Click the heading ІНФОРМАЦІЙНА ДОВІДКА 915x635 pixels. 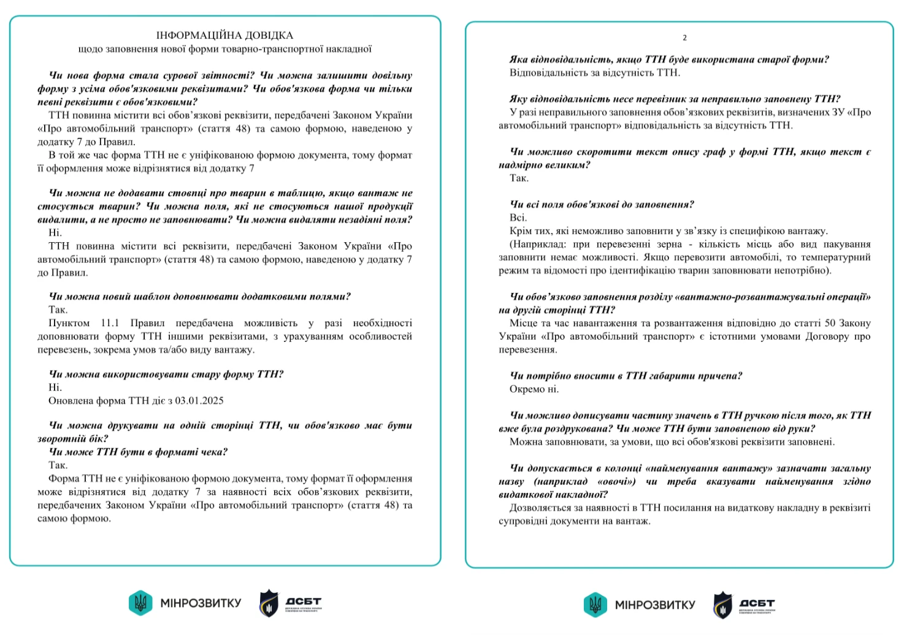coord(224,36)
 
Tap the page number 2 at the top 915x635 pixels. coord(684,38)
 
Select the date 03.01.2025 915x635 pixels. coord(199,401)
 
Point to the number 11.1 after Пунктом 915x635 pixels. coord(110,323)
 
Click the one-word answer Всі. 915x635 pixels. coord(518,218)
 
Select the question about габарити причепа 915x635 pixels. coord(626,376)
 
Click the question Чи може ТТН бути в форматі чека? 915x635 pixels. coord(138,452)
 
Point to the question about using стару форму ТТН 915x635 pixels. coord(166,375)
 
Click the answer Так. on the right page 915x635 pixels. coord(519,178)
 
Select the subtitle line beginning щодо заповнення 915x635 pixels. coord(224,49)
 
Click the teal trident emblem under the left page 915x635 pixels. coord(140,603)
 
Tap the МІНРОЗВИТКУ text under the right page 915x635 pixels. coord(655,605)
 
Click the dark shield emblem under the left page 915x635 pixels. coord(269,603)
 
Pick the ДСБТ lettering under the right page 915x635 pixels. coord(757,603)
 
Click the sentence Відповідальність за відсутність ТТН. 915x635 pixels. coord(594,73)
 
